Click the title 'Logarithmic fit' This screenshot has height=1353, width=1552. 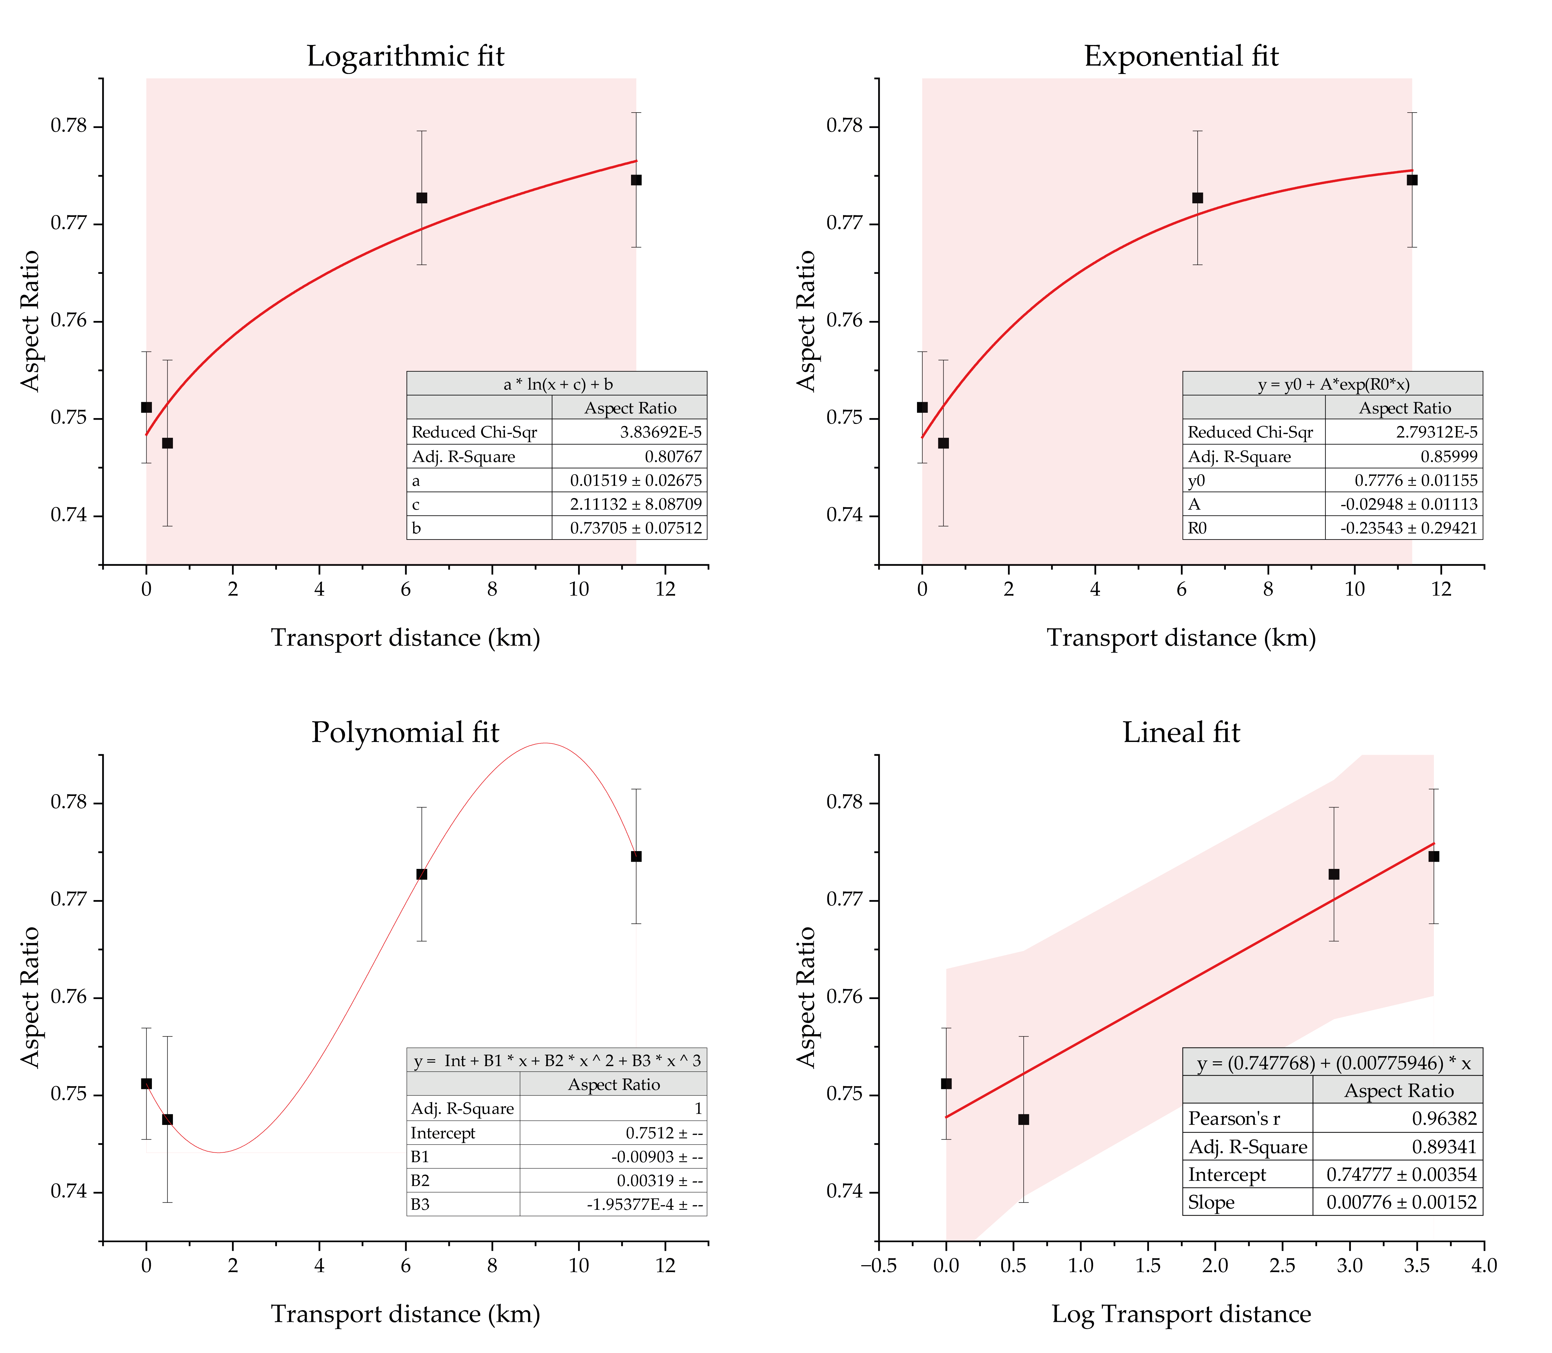[405, 57]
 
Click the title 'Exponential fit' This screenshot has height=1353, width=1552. [1181, 57]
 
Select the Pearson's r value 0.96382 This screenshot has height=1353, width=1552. [1444, 1118]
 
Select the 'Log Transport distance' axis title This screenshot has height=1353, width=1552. [1181, 1314]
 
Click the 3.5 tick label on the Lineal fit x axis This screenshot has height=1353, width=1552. [1417, 1265]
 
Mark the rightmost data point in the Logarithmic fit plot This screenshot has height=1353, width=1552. [636, 180]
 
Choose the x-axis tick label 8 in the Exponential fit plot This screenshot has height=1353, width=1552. [1268, 589]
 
